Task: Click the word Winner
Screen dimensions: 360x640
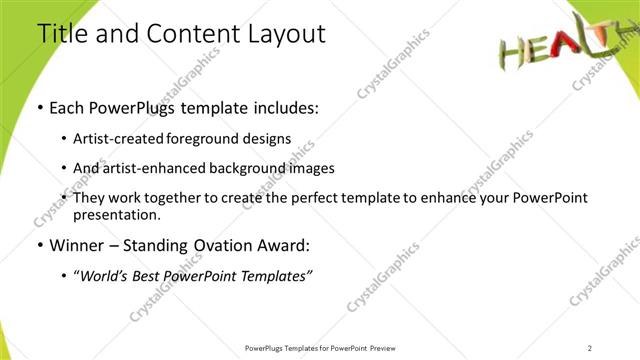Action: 78,244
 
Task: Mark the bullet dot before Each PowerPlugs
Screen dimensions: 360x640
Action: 40,107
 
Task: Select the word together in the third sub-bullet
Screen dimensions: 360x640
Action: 181,198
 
